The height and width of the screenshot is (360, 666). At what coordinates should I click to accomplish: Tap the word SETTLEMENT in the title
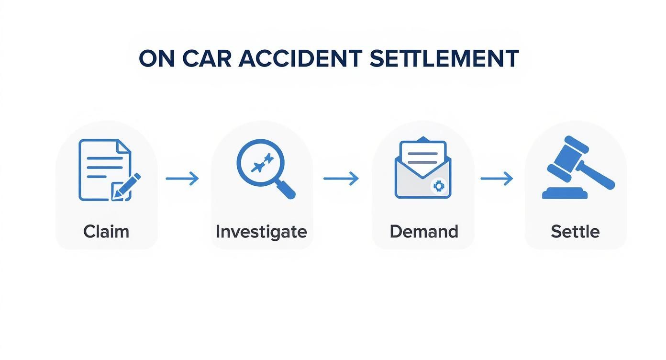click(444, 59)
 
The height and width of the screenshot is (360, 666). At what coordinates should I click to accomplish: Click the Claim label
click(106, 232)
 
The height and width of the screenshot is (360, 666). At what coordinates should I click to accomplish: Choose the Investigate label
click(261, 232)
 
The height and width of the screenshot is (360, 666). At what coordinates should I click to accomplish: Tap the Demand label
click(423, 232)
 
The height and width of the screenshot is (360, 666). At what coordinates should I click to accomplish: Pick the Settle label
click(575, 232)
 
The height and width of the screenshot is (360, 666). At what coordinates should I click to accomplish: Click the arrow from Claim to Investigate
click(182, 179)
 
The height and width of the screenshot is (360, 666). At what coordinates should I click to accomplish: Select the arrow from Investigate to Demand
click(341, 179)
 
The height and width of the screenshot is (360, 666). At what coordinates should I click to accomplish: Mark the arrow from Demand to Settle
click(497, 179)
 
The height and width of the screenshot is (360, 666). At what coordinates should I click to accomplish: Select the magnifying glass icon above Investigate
click(261, 163)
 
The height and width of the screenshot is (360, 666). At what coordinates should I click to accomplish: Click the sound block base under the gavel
click(565, 193)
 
